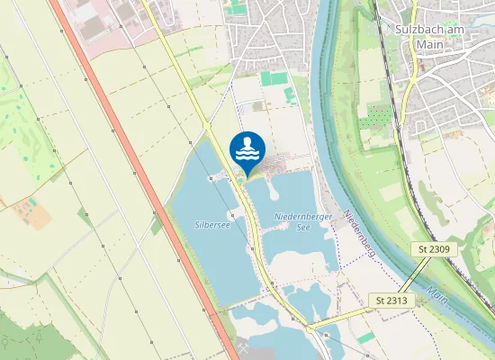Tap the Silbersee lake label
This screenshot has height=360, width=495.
coord(212,224)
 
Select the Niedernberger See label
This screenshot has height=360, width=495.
coord(303,221)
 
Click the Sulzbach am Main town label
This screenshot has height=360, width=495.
coord(435,33)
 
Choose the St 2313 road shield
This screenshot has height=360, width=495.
coord(391,300)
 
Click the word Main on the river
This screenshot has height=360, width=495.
coord(438,294)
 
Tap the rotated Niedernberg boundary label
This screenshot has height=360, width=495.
coord(358,232)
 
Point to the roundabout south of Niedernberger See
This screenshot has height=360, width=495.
coord(310,328)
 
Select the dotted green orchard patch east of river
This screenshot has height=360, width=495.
coord(379,116)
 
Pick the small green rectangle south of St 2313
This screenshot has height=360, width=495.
coord(366,337)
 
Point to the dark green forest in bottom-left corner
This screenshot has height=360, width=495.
coord(27,333)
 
